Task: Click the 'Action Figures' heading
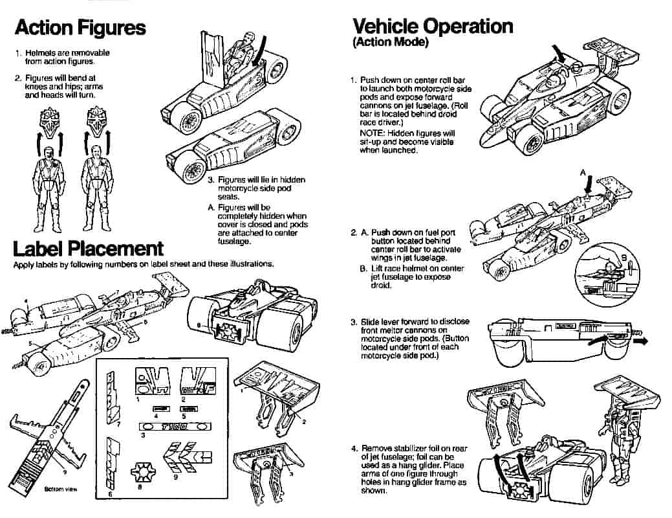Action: click(x=80, y=27)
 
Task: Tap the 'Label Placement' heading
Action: click(x=88, y=249)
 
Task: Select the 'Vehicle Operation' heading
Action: click(x=433, y=26)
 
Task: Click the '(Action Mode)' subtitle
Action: click(x=390, y=43)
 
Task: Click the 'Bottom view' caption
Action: click(x=61, y=489)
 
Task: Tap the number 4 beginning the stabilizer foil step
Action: click(x=354, y=448)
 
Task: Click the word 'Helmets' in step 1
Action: click(x=40, y=53)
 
